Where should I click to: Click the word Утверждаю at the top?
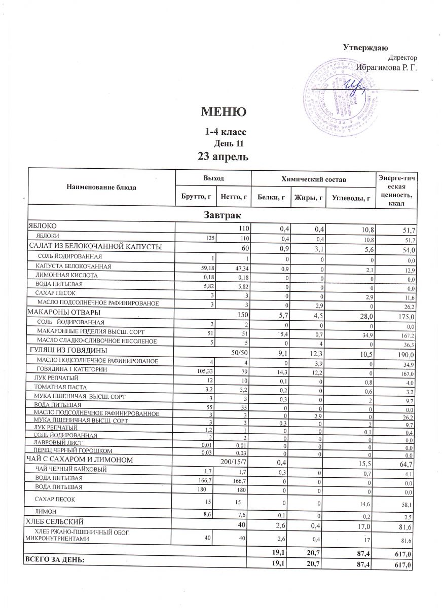365,48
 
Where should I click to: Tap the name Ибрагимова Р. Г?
386,67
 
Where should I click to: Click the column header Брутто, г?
195,196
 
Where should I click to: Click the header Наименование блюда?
101,187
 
